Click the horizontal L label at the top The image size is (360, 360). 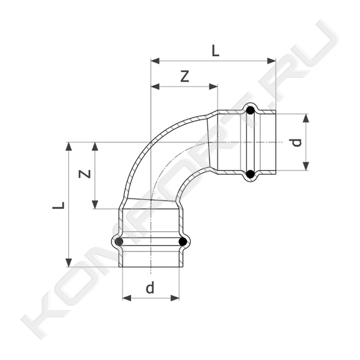click(216, 51)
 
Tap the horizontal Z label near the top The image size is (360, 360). click(185, 77)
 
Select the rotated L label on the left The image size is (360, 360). click(58, 205)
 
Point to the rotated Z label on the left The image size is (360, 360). click(85, 174)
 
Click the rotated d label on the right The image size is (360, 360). click(297, 143)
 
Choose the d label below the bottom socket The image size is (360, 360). click(150, 288)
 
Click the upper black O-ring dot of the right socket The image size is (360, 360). click(250, 111)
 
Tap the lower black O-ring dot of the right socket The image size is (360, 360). click(250, 174)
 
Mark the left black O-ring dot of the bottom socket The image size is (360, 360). click(119, 241)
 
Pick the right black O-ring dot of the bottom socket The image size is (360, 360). click(183, 241)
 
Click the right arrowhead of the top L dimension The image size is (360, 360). click(272, 61)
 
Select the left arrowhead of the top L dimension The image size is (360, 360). click(155, 61)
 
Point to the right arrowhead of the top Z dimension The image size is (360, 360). click(213, 86)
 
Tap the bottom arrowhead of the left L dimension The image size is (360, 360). click(69, 263)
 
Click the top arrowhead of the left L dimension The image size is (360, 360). click(69, 146)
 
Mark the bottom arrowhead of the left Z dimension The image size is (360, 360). click(95, 204)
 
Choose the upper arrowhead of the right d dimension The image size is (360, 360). click(306, 118)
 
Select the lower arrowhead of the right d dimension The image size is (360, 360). click(306, 166)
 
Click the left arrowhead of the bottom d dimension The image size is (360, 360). click(127, 298)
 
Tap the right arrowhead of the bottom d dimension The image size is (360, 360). click(175, 298)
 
